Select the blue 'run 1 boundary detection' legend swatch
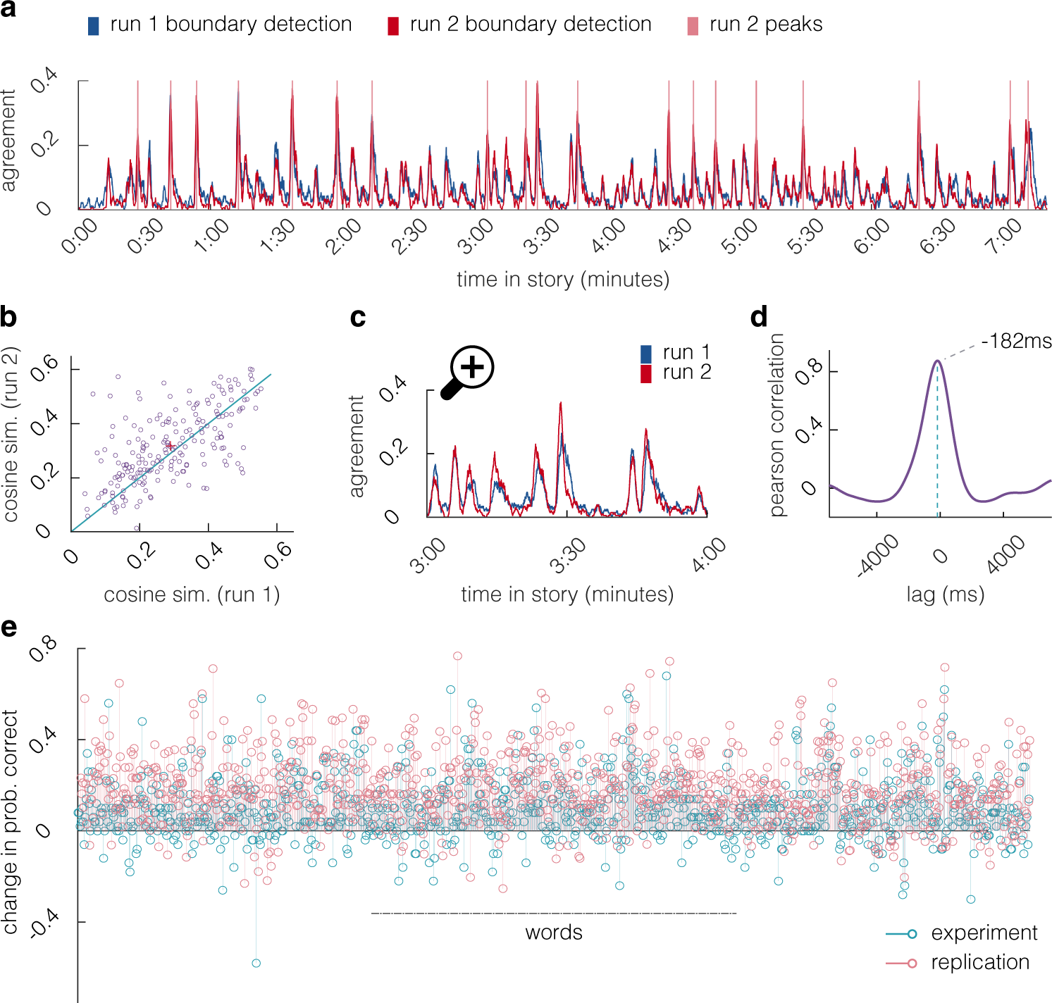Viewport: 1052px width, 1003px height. (x=93, y=26)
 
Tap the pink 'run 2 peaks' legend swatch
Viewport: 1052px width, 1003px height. (x=693, y=26)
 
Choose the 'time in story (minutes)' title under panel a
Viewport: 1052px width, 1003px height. (x=562, y=280)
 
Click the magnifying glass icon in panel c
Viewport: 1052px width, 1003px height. (x=468, y=371)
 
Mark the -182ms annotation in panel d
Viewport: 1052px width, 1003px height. (x=1015, y=342)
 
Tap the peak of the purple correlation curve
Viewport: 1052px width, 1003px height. (x=937, y=361)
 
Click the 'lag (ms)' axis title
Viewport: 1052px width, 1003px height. (x=945, y=594)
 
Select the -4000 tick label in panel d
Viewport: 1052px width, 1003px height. (x=878, y=556)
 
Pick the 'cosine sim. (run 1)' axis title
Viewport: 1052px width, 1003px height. (x=192, y=595)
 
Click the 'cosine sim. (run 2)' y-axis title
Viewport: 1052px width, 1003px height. (x=11, y=435)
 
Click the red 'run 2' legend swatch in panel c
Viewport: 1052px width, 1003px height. (x=645, y=373)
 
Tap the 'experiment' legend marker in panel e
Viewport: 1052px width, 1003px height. (x=912, y=934)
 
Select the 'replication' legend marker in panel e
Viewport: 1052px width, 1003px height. (x=912, y=963)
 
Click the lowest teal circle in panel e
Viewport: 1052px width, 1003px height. (x=256, y=963)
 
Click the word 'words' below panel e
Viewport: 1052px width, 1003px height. (x=554, y=933)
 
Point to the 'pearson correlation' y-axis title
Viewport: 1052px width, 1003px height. (x=777, y=425)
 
